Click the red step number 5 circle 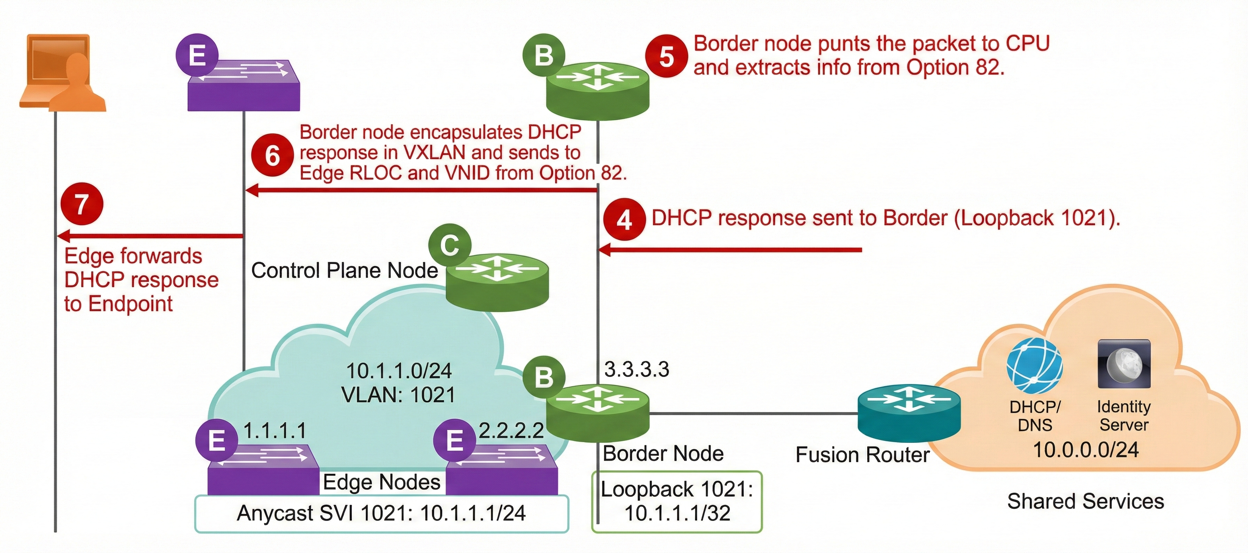tap(666, 57)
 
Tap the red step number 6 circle tap(272, 155)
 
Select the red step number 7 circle tap(82, 204)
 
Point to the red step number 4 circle tap(624, 219)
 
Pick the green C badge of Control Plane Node tap(450, 245)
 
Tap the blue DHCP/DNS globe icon tap(1035, 366)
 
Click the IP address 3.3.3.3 tap(636, 369)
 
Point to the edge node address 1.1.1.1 tap(275, 430)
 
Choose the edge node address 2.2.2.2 tap(511, 430)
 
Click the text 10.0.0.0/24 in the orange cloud tap(1086, 450)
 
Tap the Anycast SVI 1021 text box tap(381, 513)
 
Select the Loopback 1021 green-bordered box tap(677, 501)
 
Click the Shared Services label tap(1085, 501)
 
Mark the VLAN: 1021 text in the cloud tap(398, 395)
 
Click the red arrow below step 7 tap(150, 236)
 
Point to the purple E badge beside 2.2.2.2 tap(454, 440)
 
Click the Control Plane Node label tap(345, 270)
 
